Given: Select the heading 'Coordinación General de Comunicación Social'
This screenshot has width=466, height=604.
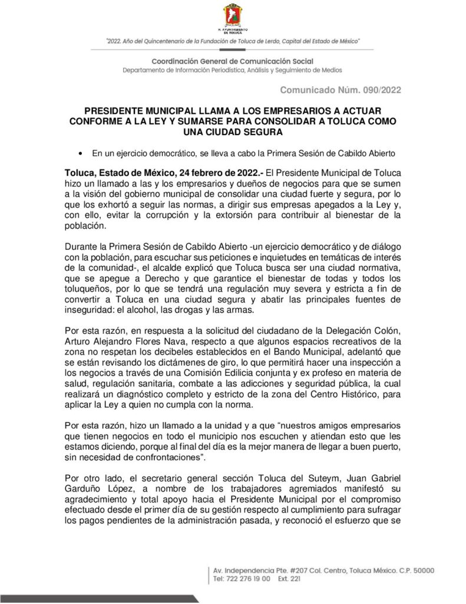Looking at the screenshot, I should [x=233, y=61].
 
